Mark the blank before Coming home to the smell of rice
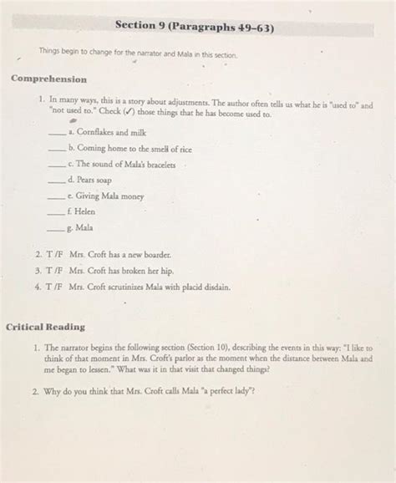[58, 149]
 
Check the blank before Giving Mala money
[58, 196]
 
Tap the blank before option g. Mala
[58, 227]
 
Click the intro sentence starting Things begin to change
[139, 54]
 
